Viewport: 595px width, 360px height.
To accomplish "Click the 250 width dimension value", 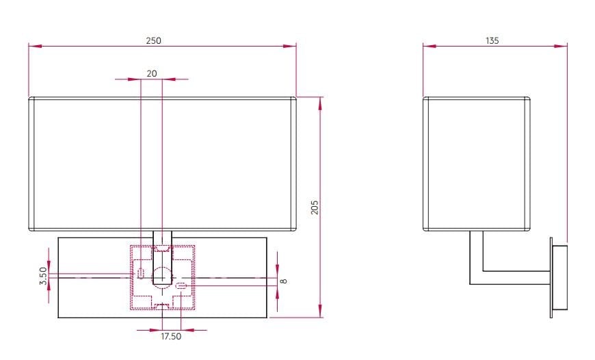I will [x=153, y=40].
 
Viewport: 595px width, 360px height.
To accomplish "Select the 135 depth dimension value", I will [x=492, y=40].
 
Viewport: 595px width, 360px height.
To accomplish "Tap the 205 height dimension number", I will [x=315, y=207].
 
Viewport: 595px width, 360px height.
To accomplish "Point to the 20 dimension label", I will [x=151, y=73].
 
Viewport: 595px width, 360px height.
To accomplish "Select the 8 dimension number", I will [x=283, y=280].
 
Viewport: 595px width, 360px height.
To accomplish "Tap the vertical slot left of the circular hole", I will [x=141, y=274].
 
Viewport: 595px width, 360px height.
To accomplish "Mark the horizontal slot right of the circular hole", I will [x=181, y=285].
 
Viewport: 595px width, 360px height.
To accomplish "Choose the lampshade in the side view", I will [x=476, y=163].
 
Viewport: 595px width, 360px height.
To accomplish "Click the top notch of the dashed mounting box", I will [x=162, y=247].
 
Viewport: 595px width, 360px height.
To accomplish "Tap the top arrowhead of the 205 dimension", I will [x=320, y=101].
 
